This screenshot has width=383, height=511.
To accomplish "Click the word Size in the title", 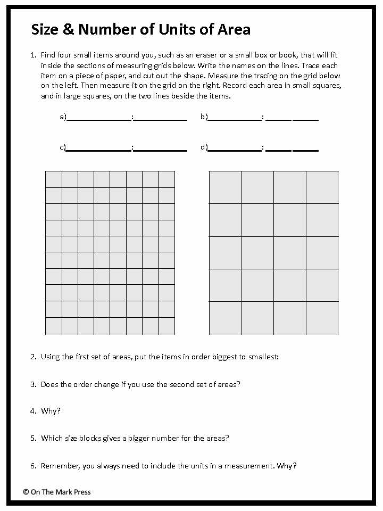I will (44, 29).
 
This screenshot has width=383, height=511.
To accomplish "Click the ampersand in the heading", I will (68, 29).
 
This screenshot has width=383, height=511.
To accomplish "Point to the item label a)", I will (63, 117).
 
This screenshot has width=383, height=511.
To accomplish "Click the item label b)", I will (204, 117).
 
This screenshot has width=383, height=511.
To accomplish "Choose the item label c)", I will (63, 147).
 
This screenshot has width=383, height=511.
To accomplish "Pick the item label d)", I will (204, 147).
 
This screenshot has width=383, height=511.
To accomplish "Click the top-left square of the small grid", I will (54, 179).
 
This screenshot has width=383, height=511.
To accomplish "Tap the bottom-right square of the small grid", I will (166, 326).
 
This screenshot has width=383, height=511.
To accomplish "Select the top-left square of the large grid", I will (225, 187).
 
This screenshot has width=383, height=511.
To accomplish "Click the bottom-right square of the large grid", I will (322, 318).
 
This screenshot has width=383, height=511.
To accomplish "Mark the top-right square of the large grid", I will (322, 187).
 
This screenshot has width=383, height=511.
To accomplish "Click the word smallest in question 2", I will (263, 357).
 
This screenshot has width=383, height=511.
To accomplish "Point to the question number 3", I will (33, 384).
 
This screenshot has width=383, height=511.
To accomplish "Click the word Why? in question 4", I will (51, 411).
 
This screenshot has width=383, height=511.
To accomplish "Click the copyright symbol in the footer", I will (26, 492).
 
